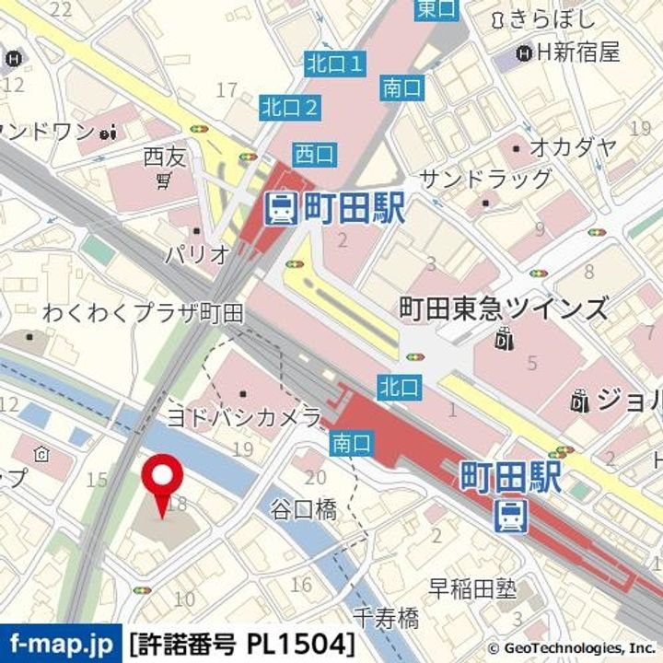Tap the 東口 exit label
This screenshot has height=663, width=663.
click(x=436, y=9)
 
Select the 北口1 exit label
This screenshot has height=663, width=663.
click(x=336, y=64)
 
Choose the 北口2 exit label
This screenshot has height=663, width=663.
click(x=290, y=107)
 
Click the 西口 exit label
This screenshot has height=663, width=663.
click(x=315, y=154)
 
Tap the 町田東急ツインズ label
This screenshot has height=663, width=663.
click(x=504, y=308)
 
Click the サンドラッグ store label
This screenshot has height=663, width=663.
click(x=485, y=179)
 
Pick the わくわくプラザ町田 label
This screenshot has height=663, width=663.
click(x=143, y=313)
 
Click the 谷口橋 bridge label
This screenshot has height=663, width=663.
click(x=303, y=508)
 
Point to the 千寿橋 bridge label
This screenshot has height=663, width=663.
click(x=386, y=616)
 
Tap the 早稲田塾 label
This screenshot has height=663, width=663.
click(x=473, y=587)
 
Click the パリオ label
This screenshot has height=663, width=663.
click(x=196, y=255)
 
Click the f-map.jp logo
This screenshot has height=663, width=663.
click(x=61, y=641)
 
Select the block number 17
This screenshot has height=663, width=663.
click(x=227, y=89)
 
